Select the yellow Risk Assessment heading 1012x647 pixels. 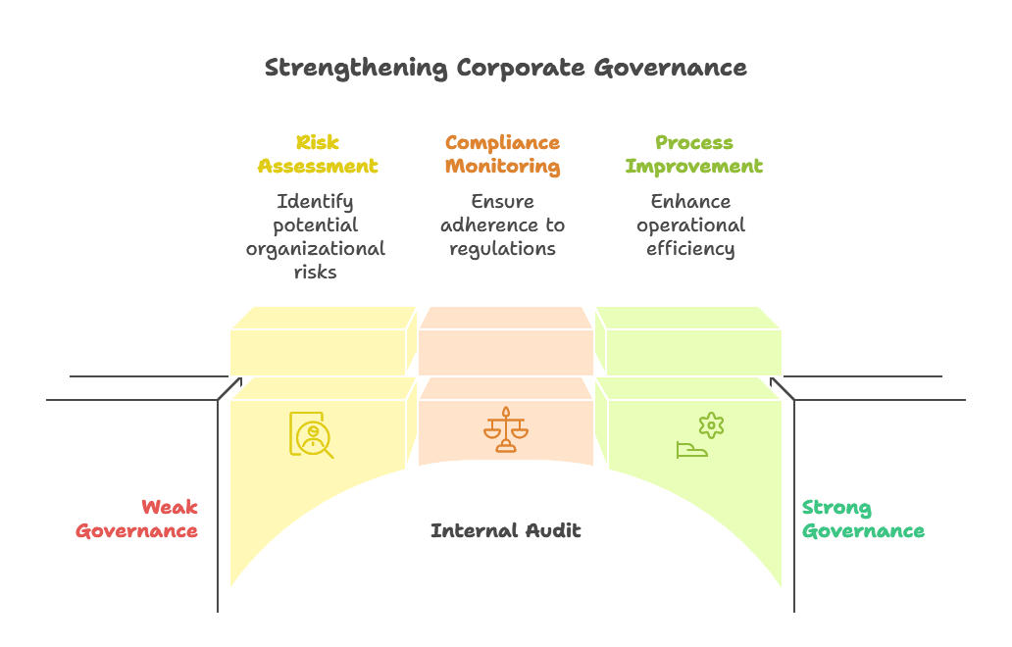(318, 155)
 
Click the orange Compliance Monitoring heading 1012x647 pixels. (502, 155)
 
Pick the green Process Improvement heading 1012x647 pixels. (693, 155)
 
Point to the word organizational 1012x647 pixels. (315, 249)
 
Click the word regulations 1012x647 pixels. (502, 249)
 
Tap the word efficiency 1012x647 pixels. (690, 249)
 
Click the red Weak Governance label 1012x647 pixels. (137, 520)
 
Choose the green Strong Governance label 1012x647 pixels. (863, 520)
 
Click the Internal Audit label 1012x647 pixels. (505, 531)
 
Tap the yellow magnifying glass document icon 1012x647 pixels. (311, 434)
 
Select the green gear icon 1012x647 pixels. (711, 424)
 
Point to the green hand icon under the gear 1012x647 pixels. (691, 450)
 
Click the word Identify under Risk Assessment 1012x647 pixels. (315, 202)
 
